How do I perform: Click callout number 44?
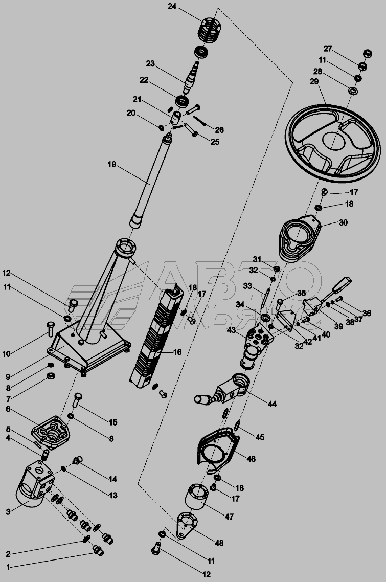click(272, 404)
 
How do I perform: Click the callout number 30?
click(343, 222)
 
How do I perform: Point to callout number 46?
click(251, 459)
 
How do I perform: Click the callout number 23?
click(150, 63)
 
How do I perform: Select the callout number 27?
click(327, 49)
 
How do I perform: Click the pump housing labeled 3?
click(36, 486)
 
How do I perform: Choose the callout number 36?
click(367, 313)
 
